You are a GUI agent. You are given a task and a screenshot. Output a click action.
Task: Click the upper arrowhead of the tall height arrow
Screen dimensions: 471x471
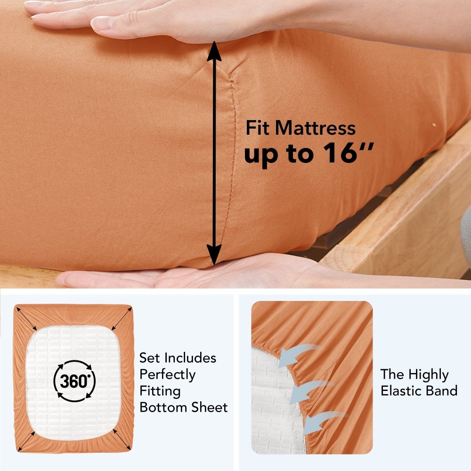[x=215, y=51]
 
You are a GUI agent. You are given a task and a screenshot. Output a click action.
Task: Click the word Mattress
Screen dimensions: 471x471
[x=315, y=128]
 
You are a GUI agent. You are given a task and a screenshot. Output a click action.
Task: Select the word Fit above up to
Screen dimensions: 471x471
[x=259, y=128]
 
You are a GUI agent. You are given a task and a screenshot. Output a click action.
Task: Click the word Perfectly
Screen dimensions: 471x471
[x=167, y=374]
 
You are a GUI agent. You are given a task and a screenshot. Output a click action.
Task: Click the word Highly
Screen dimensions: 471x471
[x=429, y=374]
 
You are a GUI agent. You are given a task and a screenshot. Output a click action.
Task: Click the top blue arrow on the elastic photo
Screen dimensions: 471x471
[x=294, y=356]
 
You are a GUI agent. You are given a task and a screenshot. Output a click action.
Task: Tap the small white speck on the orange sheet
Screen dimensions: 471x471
[x=433, y=124]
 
